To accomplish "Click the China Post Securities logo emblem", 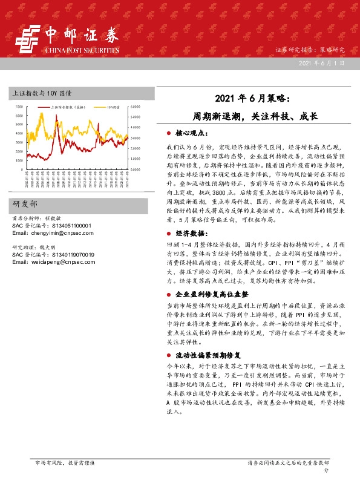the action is (x=28, y=40).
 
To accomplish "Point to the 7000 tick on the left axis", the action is (x=18, y=106).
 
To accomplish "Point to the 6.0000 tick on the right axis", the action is (x=136, y=106).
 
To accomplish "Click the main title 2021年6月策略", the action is (x=253, y=97).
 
